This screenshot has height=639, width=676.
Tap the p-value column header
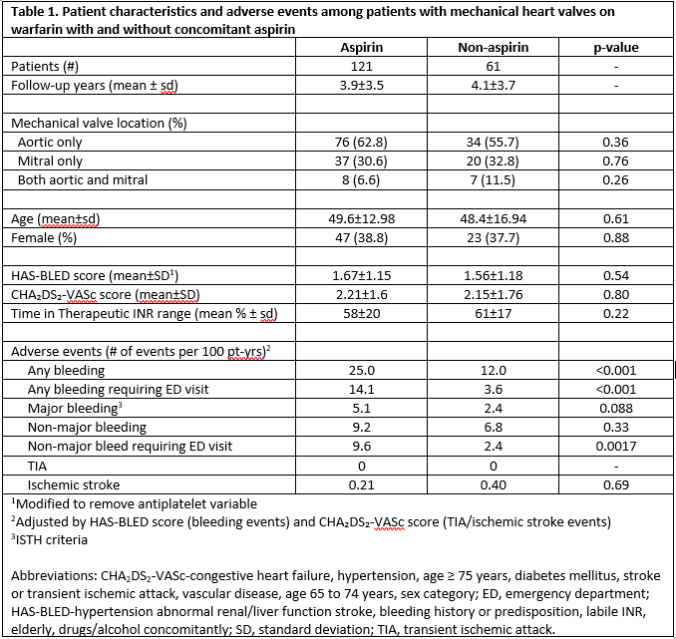coord(615,47)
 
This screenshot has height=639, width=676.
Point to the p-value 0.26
coord(615,179)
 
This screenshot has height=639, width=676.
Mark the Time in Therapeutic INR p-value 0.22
coord(615,312)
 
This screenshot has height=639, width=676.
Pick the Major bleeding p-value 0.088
coord(615,408)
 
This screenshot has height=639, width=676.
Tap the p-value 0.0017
coord(615,446)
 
